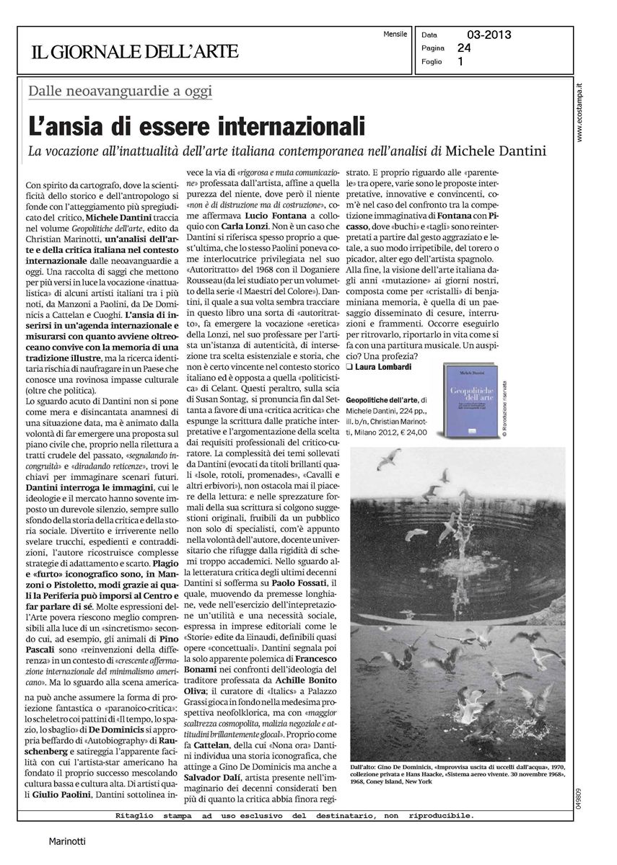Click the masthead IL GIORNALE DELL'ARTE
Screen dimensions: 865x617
coord(134,52)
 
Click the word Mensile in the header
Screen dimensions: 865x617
coord(395,34)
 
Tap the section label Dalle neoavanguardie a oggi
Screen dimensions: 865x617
coord(120,91)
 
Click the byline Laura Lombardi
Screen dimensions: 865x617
coord(384,367)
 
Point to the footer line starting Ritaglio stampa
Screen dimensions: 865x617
coord(294,816)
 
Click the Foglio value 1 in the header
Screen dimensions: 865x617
coord(461,62)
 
